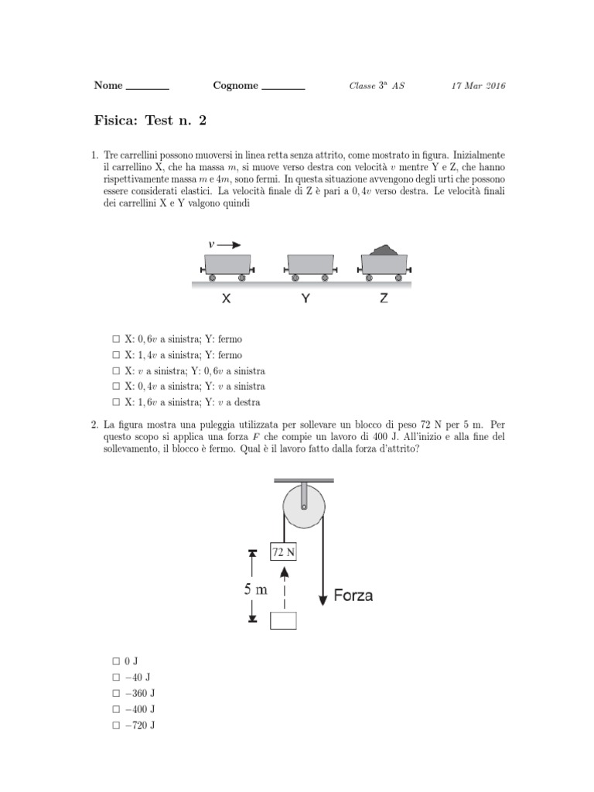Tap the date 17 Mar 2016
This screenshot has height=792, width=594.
(x=477, y=86)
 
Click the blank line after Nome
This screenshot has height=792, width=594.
(x=147, y=88)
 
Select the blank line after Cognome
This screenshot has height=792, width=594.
(x=283, y=88)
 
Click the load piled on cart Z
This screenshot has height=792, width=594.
(x=385, y=250)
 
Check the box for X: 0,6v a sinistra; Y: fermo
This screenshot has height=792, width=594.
(x=115, y=340)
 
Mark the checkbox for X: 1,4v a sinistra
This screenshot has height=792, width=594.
(x=115, y=355)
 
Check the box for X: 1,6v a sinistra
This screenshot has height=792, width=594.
(x=115, y=402)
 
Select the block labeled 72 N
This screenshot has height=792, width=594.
(x=284, y=551)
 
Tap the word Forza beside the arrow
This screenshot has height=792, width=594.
(x=353, y=596)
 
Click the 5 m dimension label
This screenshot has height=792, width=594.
(x=256, y=589)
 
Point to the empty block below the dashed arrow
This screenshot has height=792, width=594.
(x=284, y=620)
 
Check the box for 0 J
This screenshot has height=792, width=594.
(x=115, y=661)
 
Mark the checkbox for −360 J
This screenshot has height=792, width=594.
(x=115, y=693)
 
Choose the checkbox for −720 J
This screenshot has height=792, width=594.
(x=115, y=725)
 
